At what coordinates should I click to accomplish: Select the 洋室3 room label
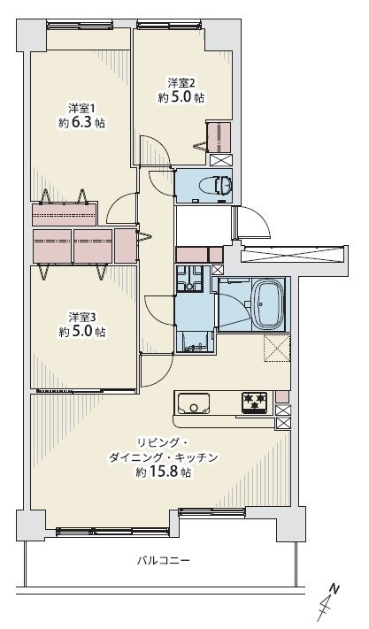[x=82, y=318]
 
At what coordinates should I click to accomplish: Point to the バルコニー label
[x=163, y=560]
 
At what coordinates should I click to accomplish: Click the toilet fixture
[x=224, y=185]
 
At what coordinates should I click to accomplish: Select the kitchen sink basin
[x=194, y=403]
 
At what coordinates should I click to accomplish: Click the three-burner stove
[x=254, y=402]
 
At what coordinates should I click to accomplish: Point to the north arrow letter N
[x=334, y=589]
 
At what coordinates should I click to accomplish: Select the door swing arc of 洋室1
[x=116, y=204]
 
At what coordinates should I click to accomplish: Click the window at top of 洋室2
[x=168, y=26]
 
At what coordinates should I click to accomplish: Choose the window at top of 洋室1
[x=80, y=26]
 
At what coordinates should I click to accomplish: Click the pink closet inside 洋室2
[x=219, y=138]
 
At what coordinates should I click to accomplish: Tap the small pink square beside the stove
[x=283, y=396]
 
